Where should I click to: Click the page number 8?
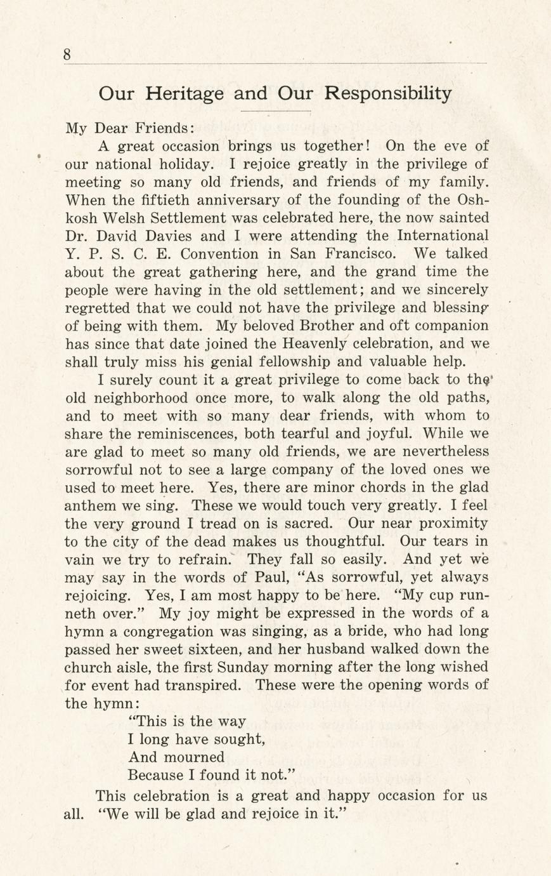coord(67,55)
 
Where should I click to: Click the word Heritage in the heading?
coord(184,94)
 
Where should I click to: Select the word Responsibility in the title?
coord(388,94)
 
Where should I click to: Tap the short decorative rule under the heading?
coord(275,112)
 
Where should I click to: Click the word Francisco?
coord(356,254)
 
